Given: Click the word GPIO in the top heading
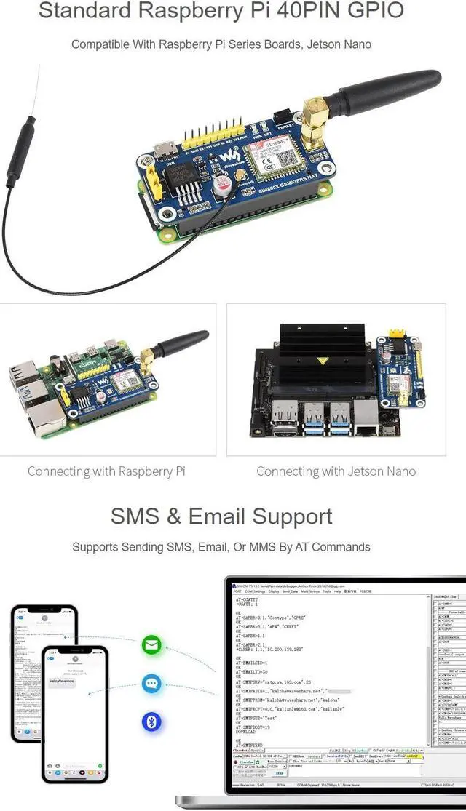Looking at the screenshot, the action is [x=371, y=12].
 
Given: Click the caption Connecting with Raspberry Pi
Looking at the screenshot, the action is [x=106, y=471].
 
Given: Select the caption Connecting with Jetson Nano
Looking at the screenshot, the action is [x=336, y=471].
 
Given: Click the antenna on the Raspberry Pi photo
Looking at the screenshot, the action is [x=179, y=343].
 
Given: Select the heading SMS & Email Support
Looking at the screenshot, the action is [x=221, y=516].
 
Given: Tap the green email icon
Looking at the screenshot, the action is [x=152, y=645].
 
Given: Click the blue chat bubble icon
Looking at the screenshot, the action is [x=151, y=683].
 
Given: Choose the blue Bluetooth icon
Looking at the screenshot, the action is [x=151, y=721].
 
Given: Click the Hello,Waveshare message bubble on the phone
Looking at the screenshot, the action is [x=63, y=682].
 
